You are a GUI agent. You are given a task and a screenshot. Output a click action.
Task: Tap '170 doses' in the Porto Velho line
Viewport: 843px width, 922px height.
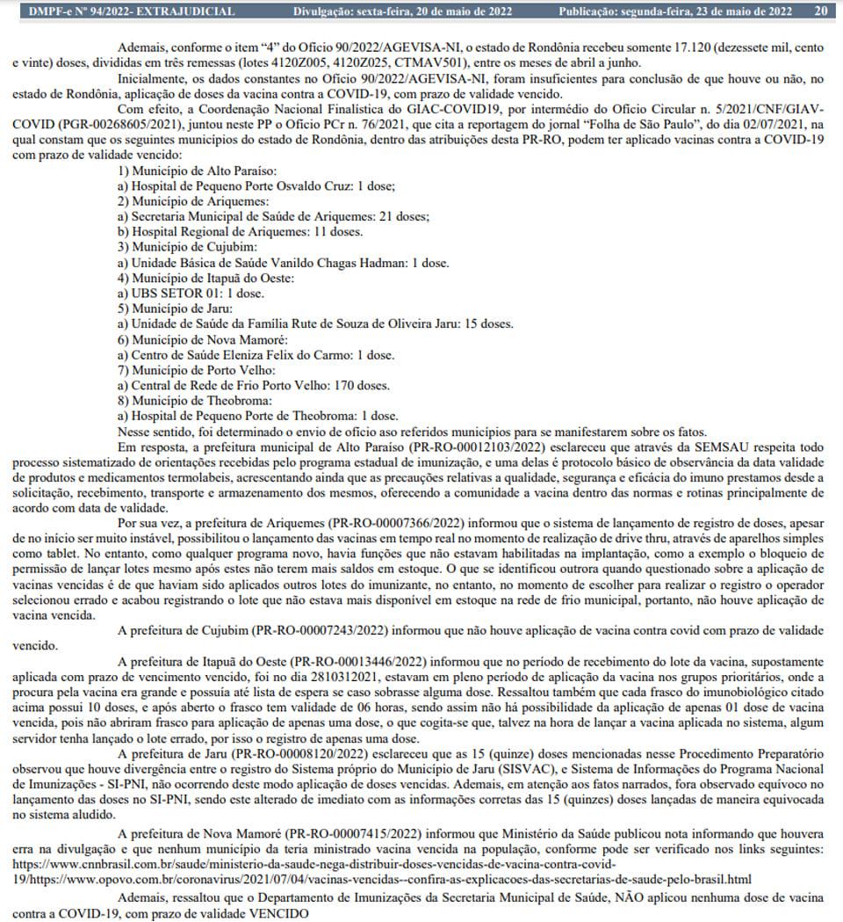(357, 386)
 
